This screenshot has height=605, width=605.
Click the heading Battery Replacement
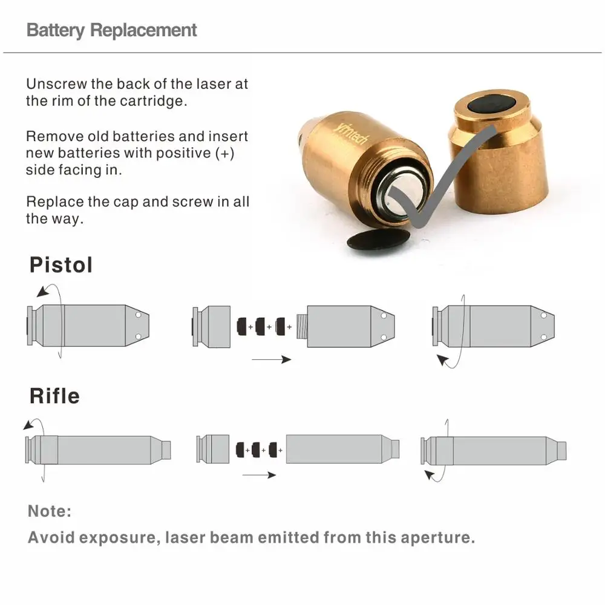(111, 30)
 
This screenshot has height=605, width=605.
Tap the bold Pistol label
(61, 265)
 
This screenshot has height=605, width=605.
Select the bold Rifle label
(54, 396)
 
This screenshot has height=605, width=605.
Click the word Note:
(50, 511)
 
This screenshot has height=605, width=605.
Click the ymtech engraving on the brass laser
(351, 132)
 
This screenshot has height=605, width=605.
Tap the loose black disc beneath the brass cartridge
(378, 240)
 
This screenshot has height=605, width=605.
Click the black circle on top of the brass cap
(492, 105)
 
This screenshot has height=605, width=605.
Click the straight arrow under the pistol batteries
(271, 359)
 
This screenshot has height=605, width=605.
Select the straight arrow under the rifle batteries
(259, 475)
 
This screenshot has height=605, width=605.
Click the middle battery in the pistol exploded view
(260, 327)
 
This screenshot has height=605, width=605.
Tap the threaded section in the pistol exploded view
(302, 327)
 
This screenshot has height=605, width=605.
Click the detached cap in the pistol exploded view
(211, 327)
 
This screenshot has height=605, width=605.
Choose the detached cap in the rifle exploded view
(212, 449)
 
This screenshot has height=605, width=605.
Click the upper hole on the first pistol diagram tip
(139, 315)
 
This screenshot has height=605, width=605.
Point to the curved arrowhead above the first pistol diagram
(43, 292)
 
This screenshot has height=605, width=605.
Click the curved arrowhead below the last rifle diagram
(429, 474)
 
